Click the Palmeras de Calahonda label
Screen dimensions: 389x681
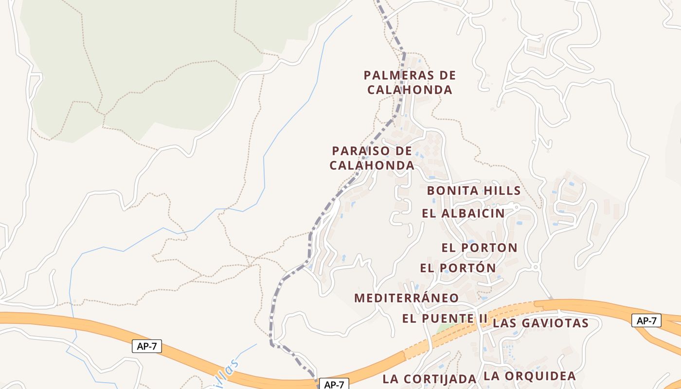tap(410, 83)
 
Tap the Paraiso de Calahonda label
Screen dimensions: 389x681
tap(372, 158)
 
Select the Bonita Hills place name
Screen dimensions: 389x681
tap(474, 191)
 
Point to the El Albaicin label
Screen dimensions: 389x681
tap(463, 213)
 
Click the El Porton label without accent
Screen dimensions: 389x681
tap(479, 248)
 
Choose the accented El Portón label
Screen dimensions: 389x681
tap(458, 268)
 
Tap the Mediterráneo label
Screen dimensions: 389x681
tap(406, 298)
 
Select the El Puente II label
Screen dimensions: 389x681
tap(445, 319)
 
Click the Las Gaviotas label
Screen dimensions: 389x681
tap(540, 323)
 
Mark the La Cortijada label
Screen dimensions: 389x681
tap(429, 379)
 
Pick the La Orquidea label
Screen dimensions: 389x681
tap(530, 376)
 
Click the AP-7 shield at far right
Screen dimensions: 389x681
tap(646, 321)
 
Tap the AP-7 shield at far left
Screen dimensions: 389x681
tap(146, 347)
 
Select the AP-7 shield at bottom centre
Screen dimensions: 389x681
tap(334, 385)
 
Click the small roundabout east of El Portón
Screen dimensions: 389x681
tap(536, 267)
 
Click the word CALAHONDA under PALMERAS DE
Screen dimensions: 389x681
tap(410, 90)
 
